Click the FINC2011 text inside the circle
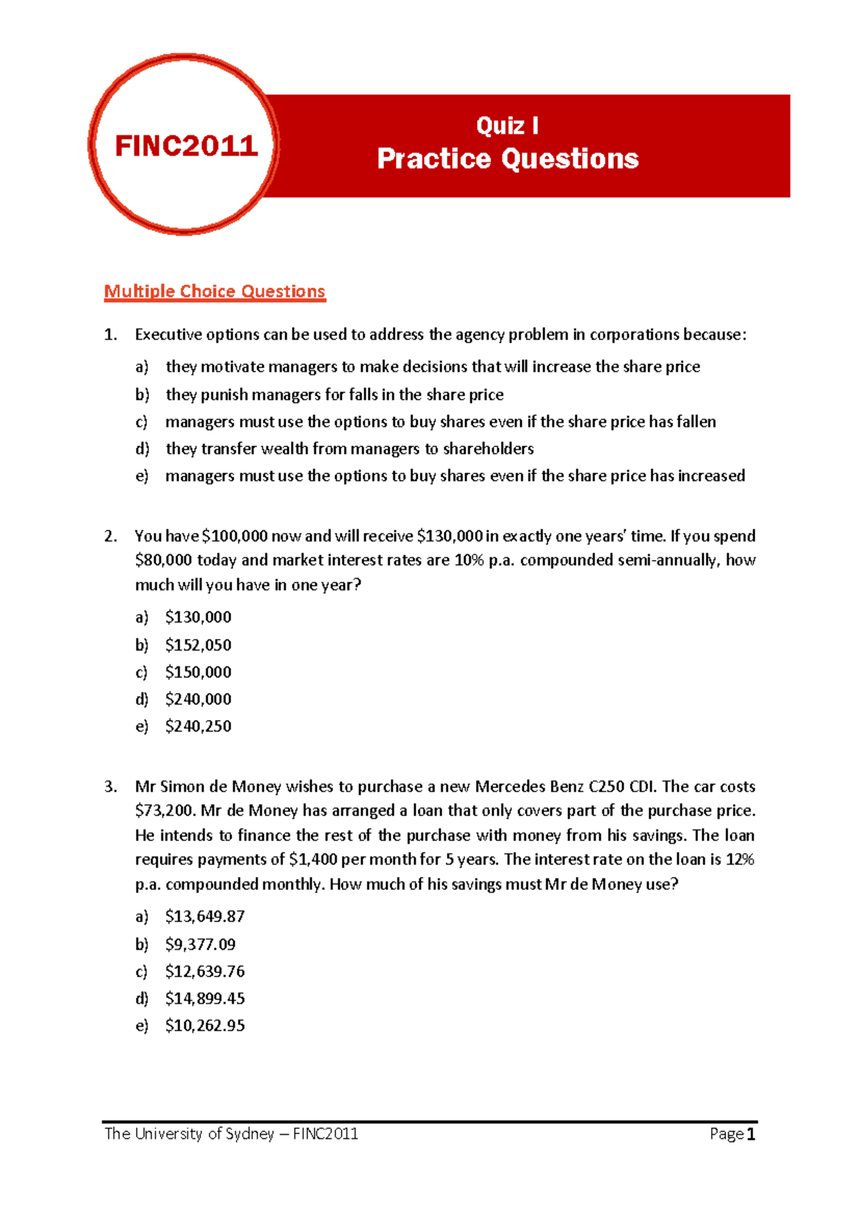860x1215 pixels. pos(186,146)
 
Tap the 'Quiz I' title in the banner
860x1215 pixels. pos(507,126)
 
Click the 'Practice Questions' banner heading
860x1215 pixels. pos(507,159)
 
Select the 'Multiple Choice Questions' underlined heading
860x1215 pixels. pos(214,292)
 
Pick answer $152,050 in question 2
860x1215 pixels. pos(198,645)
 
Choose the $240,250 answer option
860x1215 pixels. pos(198,726)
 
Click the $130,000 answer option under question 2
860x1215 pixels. pos(198,617)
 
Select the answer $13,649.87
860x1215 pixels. pos(205,916)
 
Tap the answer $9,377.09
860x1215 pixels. pos(200,944)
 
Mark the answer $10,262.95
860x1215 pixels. pos(205,1026)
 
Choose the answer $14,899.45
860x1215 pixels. pos(205,999)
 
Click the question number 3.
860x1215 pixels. pos(110,787)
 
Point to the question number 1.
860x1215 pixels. pos(110,335)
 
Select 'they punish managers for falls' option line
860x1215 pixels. pos(335,395)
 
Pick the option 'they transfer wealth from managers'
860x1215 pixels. pos(350,449)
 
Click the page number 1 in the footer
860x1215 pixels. pos(751,1134)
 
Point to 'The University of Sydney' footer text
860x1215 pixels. pos(189,1134)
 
